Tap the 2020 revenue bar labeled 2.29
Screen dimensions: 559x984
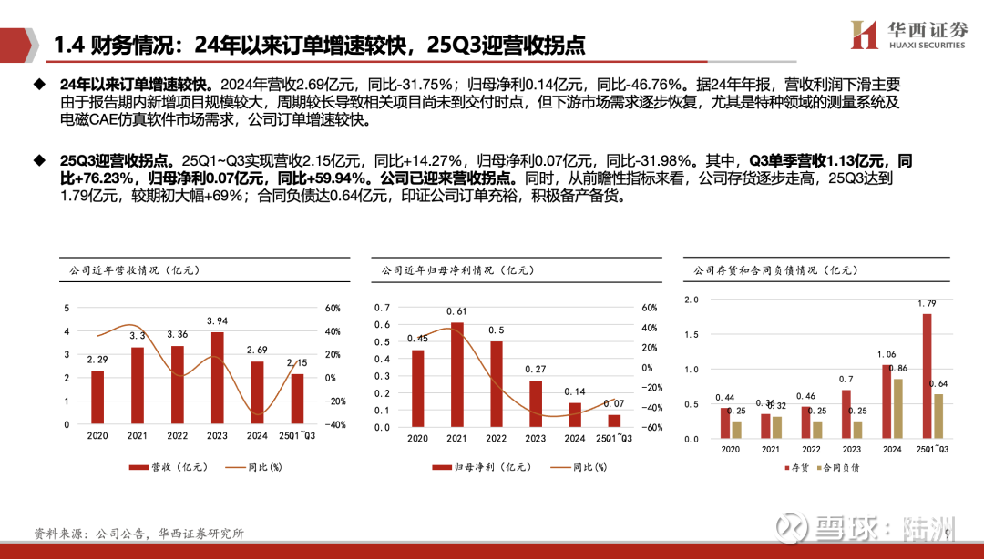pos(97,397)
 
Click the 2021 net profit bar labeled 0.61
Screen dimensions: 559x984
pos(457,374)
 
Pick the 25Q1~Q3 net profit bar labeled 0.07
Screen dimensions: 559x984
pos(614,421)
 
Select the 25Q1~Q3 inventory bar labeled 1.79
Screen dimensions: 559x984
pos(928,376)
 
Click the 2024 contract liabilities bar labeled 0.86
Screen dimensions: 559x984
pos(897,409)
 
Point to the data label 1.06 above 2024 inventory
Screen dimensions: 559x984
pos(887,354)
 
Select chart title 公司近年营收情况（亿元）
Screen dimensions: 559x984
pos(127,270)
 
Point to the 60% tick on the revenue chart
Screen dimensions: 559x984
pos(333,308)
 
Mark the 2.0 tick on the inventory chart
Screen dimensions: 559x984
pos(691,300)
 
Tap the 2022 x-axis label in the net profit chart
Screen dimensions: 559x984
pos(496,439)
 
